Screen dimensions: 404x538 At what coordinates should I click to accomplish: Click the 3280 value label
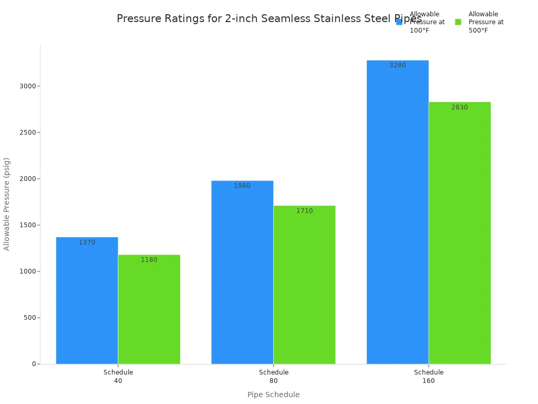(x=398, y=65)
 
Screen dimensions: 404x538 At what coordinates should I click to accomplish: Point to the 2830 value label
(x=460, y=107)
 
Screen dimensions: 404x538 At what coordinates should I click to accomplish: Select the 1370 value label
(x=87, y=243)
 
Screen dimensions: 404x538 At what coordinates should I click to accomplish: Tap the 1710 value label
(x=304, y=211)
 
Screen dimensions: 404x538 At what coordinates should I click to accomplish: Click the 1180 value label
(x=149, y=260)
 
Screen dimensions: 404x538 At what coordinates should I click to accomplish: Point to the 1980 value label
(x=242, y=186)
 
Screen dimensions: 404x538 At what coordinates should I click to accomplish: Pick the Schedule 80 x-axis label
(x=274, y=376)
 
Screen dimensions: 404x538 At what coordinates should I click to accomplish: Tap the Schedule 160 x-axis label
(x=429, y=376)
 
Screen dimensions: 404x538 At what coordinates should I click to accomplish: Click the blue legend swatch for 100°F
(x=399, y=22)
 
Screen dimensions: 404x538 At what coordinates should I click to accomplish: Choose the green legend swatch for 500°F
(x=458, y=22)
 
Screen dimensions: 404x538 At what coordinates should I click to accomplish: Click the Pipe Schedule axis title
(x=273, y=395)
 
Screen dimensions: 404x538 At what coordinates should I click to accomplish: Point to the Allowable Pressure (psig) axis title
(x=7, y=204)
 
